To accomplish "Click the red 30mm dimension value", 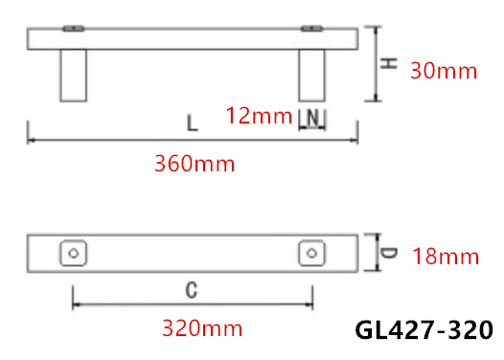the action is click(444, 71).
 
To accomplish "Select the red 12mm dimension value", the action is click(259, 116).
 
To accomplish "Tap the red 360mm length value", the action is click(195, 164).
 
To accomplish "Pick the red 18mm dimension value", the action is click(446, 257).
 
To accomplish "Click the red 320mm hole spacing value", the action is click(202, 328).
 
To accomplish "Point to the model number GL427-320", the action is click(424, 329).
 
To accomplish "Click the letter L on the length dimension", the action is click(193, 124).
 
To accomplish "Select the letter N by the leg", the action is click(312, 118).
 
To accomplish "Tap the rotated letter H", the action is click(389, 63).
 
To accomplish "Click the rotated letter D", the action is click(389, 253).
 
